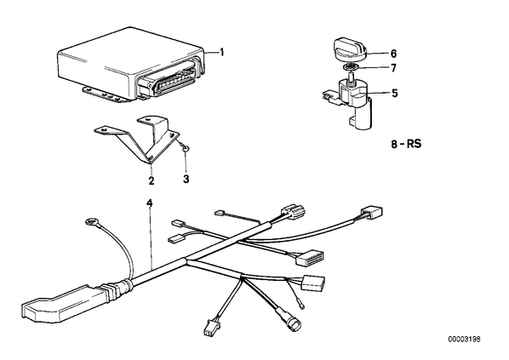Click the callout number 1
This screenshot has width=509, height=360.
(222, 52)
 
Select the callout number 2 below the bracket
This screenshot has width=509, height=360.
(152, 180)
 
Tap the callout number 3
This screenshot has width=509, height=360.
(186, 179)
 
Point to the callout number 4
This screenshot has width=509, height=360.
(149, 203)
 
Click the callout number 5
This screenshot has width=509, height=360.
(394, 93)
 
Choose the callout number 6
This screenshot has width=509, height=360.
(393, 54)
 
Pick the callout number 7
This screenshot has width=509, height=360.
(393, 68)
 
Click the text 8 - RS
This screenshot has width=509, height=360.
(406, 144)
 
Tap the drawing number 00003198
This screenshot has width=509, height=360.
(464, 340)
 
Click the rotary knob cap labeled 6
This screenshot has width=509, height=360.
(350, 49)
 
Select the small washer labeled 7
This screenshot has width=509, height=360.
(351, 67)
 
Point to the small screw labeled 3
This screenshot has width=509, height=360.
(186, 149)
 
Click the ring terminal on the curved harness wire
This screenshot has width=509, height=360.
(90, 222)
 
